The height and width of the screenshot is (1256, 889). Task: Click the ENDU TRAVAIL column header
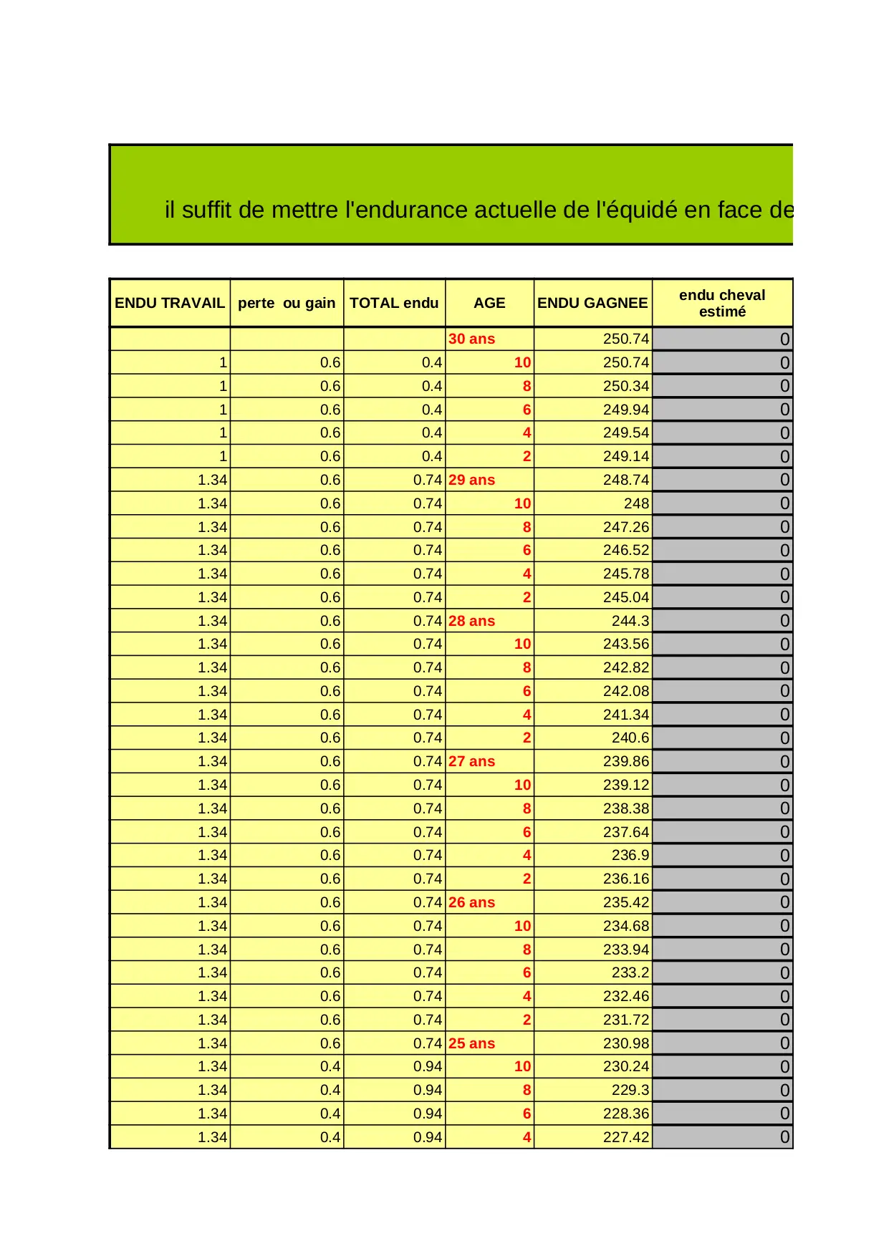click(x=170, y=303)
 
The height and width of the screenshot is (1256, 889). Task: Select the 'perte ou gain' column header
click(x=287, y=303)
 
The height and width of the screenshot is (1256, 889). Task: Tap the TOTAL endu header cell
click(x=394, y=303)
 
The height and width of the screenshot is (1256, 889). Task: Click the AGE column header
click(x=489, y=303)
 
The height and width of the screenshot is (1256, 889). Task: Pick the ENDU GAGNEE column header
click(x=592, y=303)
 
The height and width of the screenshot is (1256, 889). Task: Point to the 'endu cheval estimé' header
click(x=722, y=303)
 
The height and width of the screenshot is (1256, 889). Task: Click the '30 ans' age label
click(x=471, y=339)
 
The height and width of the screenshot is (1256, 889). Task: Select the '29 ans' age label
click(x=471, y=480)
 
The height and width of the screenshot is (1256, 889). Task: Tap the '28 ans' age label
click(x=471, y=621)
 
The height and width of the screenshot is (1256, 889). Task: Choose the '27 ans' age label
click(x=471, y=761)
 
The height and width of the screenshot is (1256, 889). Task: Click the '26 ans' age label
click(x=471, y=902)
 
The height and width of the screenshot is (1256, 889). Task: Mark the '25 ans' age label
click(x=471, y=1043)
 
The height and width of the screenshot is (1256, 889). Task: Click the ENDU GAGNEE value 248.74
click(x=625, y=480)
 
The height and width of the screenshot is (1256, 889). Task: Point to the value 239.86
click(x=625, y=761)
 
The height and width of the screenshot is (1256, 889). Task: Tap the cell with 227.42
click(x=625, y=1137)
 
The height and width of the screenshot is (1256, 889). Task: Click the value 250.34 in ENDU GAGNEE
click(x=625, y=386)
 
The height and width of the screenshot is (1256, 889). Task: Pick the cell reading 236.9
click(x=630, y=855)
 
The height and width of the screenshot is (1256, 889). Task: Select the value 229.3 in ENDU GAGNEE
click(x=630, y=1090)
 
